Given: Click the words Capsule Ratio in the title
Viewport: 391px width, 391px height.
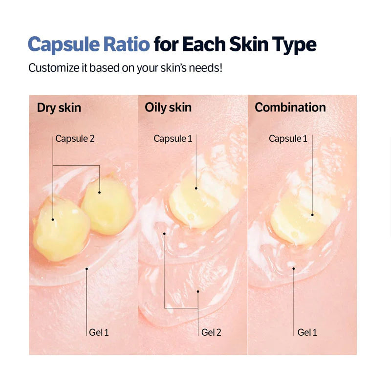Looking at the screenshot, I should (88, 44).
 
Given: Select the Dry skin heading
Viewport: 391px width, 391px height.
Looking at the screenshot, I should (59, 108).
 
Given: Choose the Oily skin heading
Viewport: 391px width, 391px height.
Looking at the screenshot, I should (168, 108).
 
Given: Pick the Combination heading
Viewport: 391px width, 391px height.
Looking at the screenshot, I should (290, 108).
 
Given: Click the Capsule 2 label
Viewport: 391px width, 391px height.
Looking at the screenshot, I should (75, 138).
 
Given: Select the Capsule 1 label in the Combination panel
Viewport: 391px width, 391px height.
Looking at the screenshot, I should (288, 138).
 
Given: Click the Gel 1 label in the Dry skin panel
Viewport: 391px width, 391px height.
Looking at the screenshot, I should (99, 332).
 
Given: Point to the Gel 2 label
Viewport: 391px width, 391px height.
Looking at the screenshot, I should (211, 332).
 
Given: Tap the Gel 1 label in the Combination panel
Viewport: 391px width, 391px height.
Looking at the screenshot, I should (307, 332).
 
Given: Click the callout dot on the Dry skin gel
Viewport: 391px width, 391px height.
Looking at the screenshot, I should (87, 268).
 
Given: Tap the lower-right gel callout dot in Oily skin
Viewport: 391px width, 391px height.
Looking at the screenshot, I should (198, 292).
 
